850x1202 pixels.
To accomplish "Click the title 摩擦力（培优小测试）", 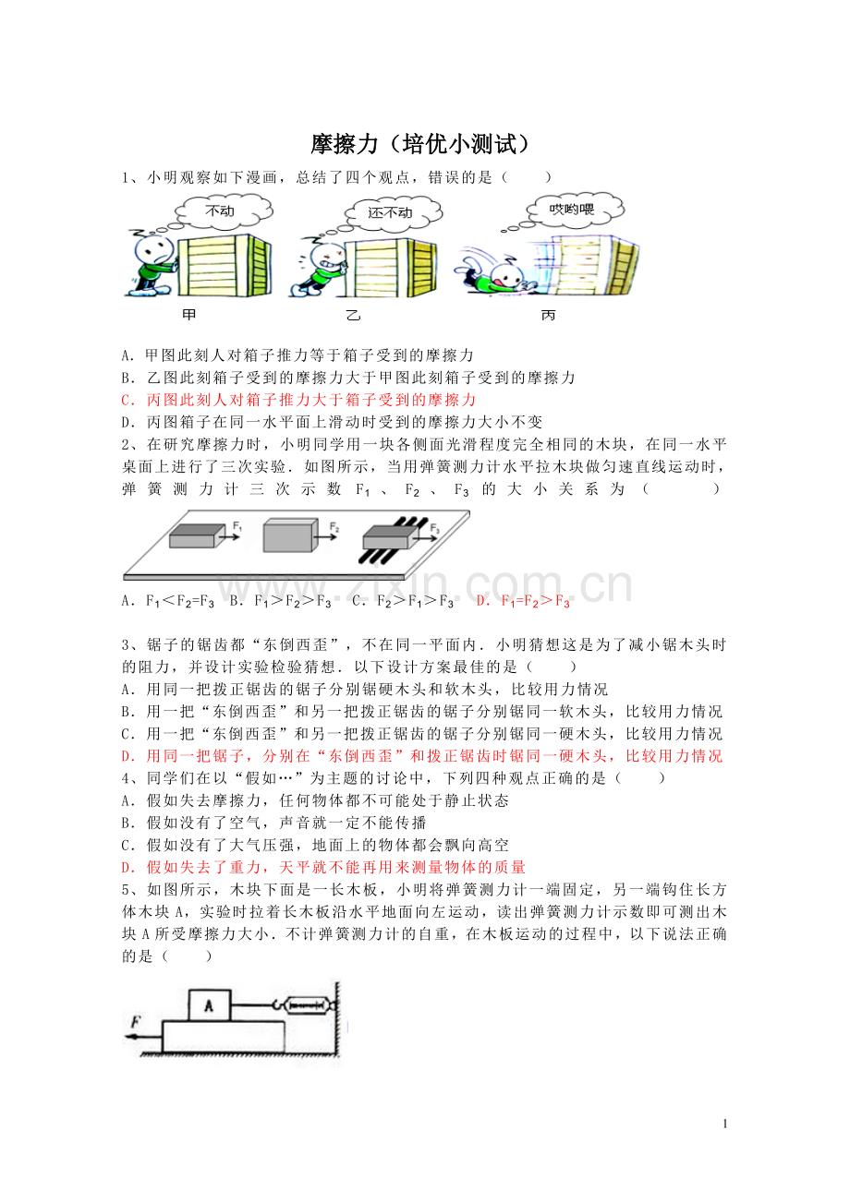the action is [419, 144].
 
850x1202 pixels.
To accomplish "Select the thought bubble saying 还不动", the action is [393, 213].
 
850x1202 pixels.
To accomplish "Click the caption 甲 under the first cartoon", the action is [189, 315].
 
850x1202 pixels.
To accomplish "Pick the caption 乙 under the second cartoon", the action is [353, 315].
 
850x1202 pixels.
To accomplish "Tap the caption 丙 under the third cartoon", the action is [548, 315].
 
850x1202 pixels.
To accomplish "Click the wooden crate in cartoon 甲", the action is [225, 266].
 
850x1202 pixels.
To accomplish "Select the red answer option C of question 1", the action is [298, 400].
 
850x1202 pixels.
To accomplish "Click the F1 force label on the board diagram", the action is [237, 527].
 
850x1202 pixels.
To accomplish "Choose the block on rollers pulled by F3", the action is [389, 537].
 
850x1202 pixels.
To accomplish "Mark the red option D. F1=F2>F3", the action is [522, 601].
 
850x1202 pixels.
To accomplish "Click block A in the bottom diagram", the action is [210, 1005].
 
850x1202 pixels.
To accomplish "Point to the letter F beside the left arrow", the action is [136, 1021].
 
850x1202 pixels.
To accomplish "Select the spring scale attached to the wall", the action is [307, 1004].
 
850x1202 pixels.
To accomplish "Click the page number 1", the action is [725, 1124].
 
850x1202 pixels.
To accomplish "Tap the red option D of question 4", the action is [323, 867].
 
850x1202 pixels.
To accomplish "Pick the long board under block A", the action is [223, 1037].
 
